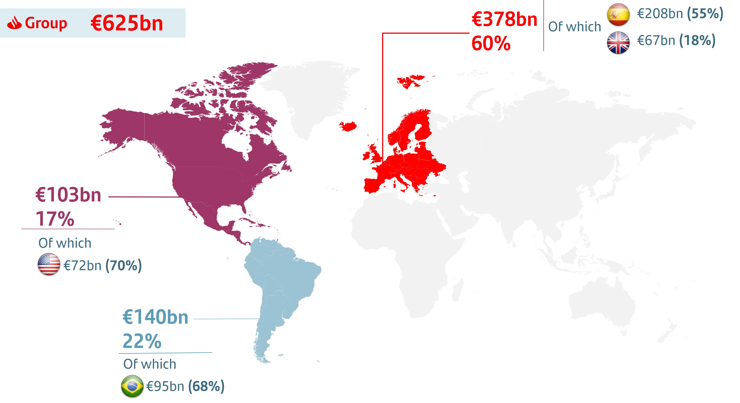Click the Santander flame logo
(x=14, y=23)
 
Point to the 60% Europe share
(x=491, y=43)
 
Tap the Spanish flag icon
(x=618, y=14)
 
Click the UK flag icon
(x=618, y=43)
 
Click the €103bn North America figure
(x=68, y=195)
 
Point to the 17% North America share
(x=55, y=219)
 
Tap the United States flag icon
(x=49, y=264)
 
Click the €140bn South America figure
(x=155, y=317)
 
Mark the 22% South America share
(x=142, y=341)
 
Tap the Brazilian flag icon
(x=132, y=386)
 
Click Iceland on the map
(x=348, y=126)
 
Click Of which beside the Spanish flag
(x=574, y=27)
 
